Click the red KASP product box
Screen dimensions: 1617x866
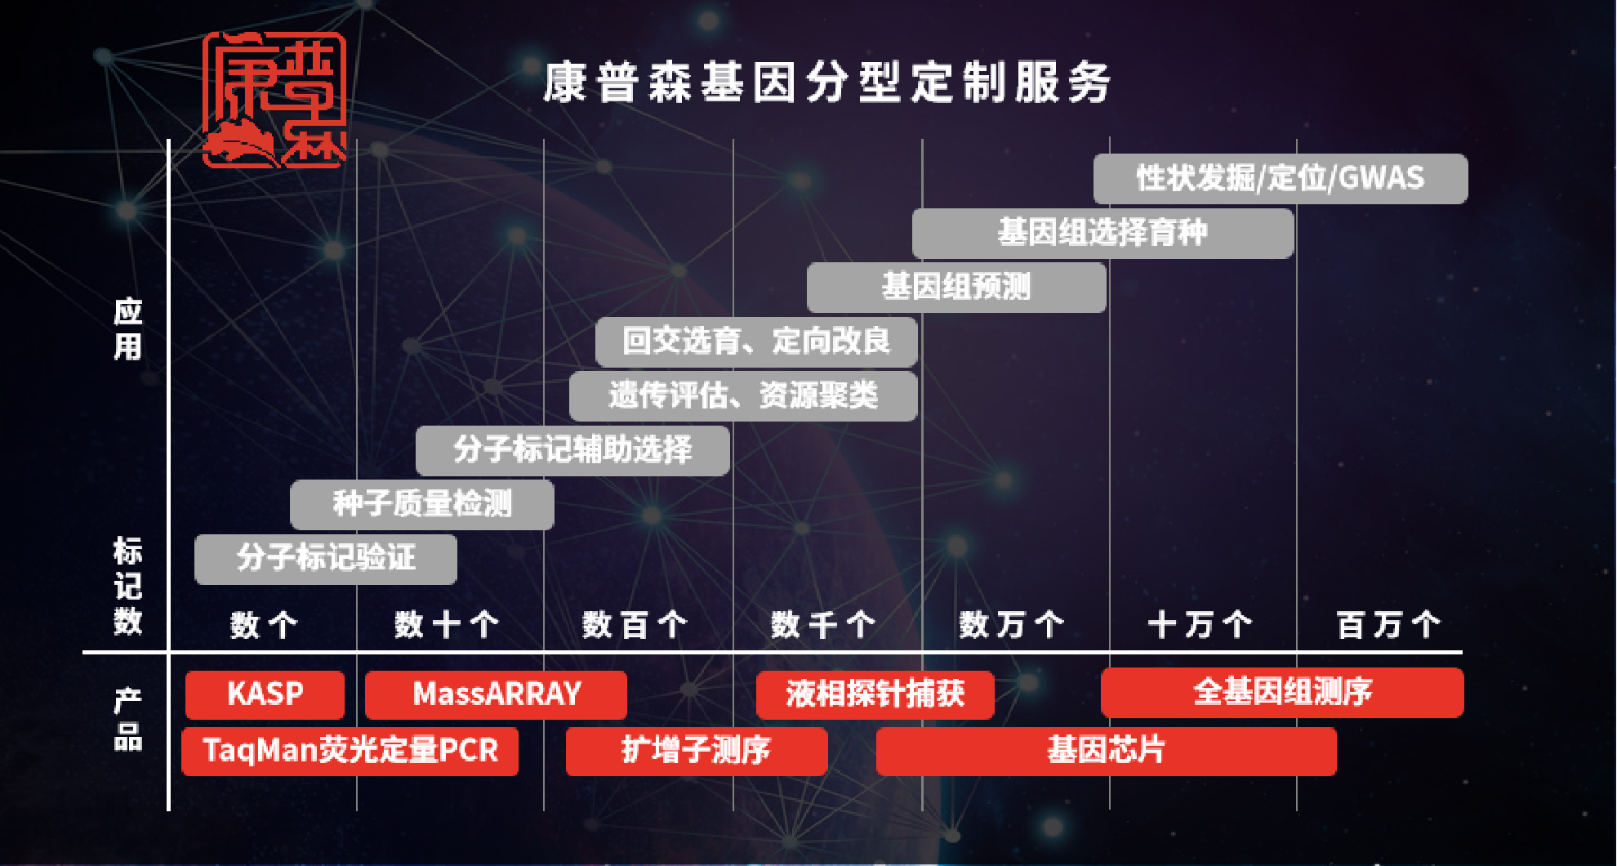click(x=265, y=694)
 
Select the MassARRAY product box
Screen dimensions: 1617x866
click(x=496, y=694)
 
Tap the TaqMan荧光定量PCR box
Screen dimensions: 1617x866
click(x=350, y=751)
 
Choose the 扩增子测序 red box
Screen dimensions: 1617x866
click(x=697, y=751)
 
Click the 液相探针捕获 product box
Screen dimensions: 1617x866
click(x=875, y=694)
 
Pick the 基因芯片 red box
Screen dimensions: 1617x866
click(x=1107, y=751)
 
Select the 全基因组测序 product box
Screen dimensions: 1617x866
click(x=1282, y=693)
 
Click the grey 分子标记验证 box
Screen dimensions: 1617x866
click(x=326, y=559)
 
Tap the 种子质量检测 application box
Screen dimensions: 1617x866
click(x=422, y=504)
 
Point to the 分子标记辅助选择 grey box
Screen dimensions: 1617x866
click(x=572, y=450)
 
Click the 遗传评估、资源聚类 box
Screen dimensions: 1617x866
click(x=743, y=396)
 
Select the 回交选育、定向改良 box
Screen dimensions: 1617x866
click(x=756, y=341)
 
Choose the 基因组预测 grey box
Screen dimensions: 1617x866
click(x=956, y=288)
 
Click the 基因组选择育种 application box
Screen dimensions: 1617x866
click(x=1102, y=234)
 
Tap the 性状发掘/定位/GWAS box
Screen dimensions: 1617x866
click(x=1281, y=179)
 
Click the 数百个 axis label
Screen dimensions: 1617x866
click(x=635, y=626)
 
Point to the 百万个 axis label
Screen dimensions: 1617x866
click(x=1388, y=626)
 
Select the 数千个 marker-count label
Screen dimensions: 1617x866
click(x=823, y=626)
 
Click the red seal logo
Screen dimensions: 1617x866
click(x=274, y=100)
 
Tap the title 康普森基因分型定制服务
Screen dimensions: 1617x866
click(x=827, y=83)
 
